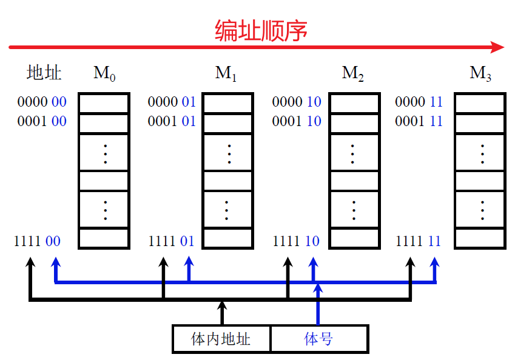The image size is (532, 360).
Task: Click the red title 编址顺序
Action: point(261,30)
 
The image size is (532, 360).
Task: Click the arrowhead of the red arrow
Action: point(498,47)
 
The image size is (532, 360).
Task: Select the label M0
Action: point(104,74)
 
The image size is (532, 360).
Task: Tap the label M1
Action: point(226,74)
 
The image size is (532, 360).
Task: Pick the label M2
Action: point(352,74)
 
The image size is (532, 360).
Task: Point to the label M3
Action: point(480,74)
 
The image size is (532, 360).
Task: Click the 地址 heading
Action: point(44,73)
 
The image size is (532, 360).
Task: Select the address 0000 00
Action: point(42,102)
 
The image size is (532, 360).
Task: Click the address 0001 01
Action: point(172,121)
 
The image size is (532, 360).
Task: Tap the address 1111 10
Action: point(296,241)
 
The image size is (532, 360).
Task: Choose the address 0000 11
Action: point(419,102)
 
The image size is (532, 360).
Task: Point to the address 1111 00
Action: point(38,241)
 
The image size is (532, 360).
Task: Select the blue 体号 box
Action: point(318,339)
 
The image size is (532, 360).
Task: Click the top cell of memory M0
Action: point(104,103)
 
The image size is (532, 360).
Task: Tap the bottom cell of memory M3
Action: point(480,238)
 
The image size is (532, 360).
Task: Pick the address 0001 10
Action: point(296,121)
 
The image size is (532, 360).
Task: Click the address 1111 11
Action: point(419,241)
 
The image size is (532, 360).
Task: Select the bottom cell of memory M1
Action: point(227,238)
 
